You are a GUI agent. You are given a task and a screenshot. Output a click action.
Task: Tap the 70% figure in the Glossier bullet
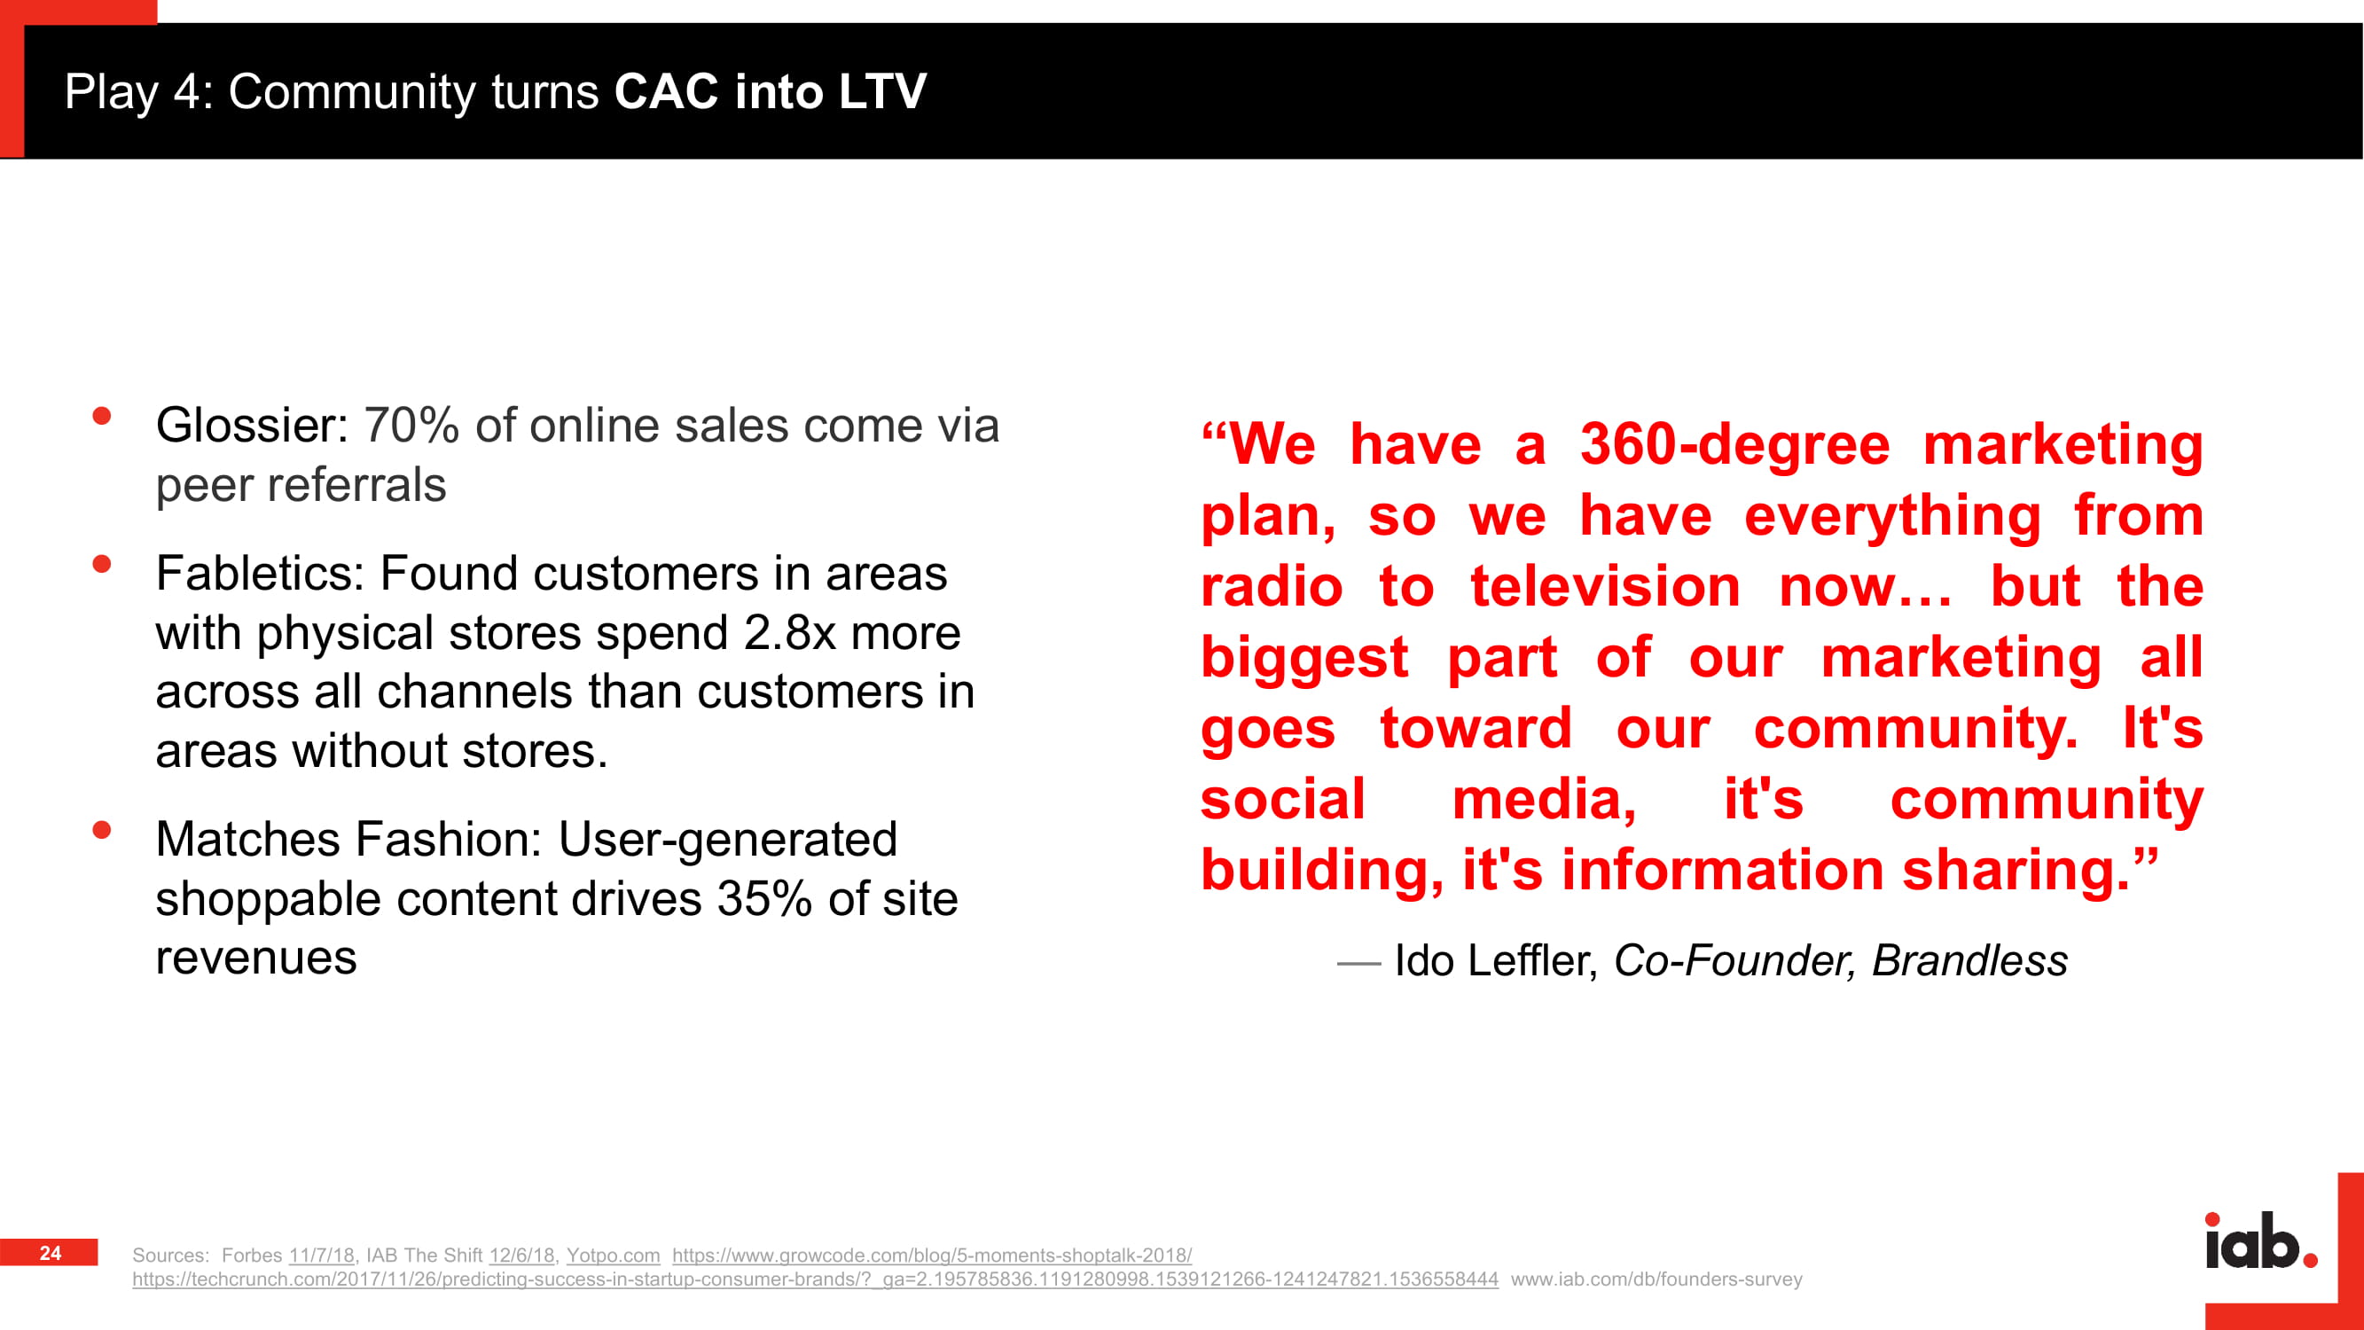(x=411, y=426)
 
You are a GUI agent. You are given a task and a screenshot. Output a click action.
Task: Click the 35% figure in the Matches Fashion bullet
(x=764, y=898)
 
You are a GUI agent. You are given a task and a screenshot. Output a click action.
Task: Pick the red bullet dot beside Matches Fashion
(x=102, y=831)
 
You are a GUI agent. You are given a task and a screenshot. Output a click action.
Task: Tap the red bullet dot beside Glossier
(x=102, y=417)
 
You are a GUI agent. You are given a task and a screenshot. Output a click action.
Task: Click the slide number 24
(x=51, y=1253)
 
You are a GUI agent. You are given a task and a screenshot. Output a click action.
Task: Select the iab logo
(x=2261, y=1241)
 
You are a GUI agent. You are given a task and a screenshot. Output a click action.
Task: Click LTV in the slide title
(x=883, y=92)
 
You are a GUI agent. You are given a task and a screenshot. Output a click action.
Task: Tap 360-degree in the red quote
(x=1734, y=445)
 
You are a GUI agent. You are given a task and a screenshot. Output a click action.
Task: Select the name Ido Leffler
(x=1497, y=961)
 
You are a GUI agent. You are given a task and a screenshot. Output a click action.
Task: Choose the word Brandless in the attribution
(x=1969, y=961)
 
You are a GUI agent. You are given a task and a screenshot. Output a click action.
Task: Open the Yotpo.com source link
(x=613, y=1255)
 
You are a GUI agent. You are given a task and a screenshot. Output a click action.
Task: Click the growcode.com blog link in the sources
(x=931, y=1255)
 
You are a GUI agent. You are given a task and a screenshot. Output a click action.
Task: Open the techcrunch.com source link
(x=815, y=1279)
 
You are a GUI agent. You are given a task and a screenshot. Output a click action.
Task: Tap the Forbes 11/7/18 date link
(x=321, y=1255)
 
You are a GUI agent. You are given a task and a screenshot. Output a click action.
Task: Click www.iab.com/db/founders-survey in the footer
(x=1656, y=1279)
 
